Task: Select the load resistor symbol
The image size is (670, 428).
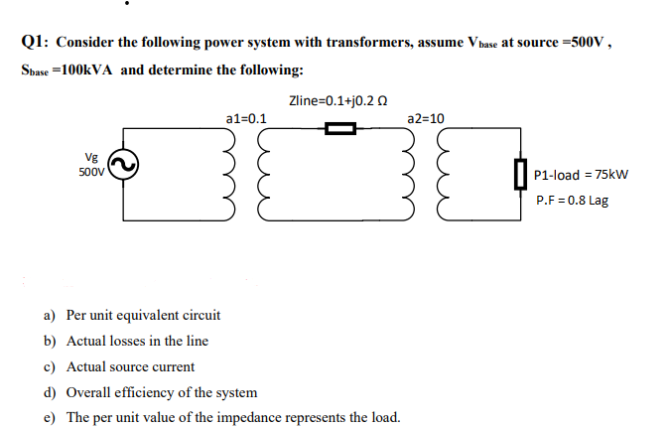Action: pos(517,176)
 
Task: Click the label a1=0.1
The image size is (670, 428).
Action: pos(246,118)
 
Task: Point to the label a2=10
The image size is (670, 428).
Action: pos(426,118)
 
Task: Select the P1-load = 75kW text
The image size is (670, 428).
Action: pos(581,176)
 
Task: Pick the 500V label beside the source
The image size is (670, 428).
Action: pos(91,171)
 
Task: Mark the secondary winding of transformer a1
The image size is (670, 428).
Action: pos(260,176)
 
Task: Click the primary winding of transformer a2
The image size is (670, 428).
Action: pos(409,176)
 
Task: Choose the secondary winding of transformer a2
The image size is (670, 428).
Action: pos(438,176)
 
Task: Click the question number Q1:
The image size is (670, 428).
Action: pos(36,43)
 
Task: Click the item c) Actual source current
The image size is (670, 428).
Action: pos(119,366)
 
